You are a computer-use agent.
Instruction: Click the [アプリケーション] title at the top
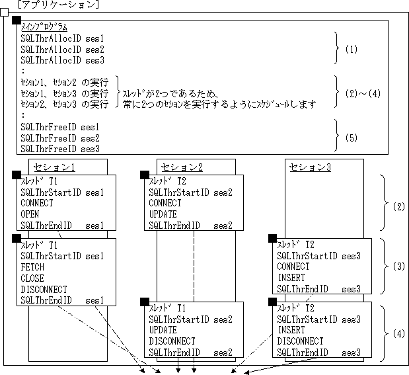tap(58, 5)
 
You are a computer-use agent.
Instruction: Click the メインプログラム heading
tap(44, 28)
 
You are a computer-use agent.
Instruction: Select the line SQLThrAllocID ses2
tap(62, 50)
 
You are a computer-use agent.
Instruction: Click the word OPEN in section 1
tap(30, 214)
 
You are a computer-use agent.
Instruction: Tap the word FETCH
tap(32, 268)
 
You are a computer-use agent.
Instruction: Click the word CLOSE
tap(32, 278)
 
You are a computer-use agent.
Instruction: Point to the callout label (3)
tap(398, 267)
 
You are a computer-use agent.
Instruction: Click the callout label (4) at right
tap(398, 333)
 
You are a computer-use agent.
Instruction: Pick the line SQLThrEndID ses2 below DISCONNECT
tap(190, 352)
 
